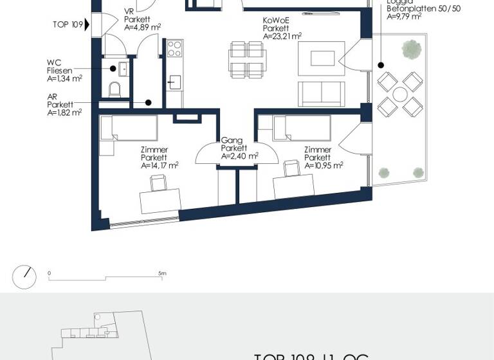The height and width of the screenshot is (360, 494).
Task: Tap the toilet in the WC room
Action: (x=116, y=91)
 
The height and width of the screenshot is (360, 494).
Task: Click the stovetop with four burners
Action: (x=175, y=49)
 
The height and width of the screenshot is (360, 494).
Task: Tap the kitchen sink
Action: (x=174, y=82)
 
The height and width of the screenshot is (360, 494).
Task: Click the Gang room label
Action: (x=230, y=140)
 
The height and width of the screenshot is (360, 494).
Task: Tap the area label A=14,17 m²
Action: (x=160, y=165)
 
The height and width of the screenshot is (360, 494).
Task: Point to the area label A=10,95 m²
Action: (x=324, y=165)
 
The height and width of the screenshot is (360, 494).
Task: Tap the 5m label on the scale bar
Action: (x=163, y=274)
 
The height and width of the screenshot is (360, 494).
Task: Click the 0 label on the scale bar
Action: (x=50, y=274)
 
